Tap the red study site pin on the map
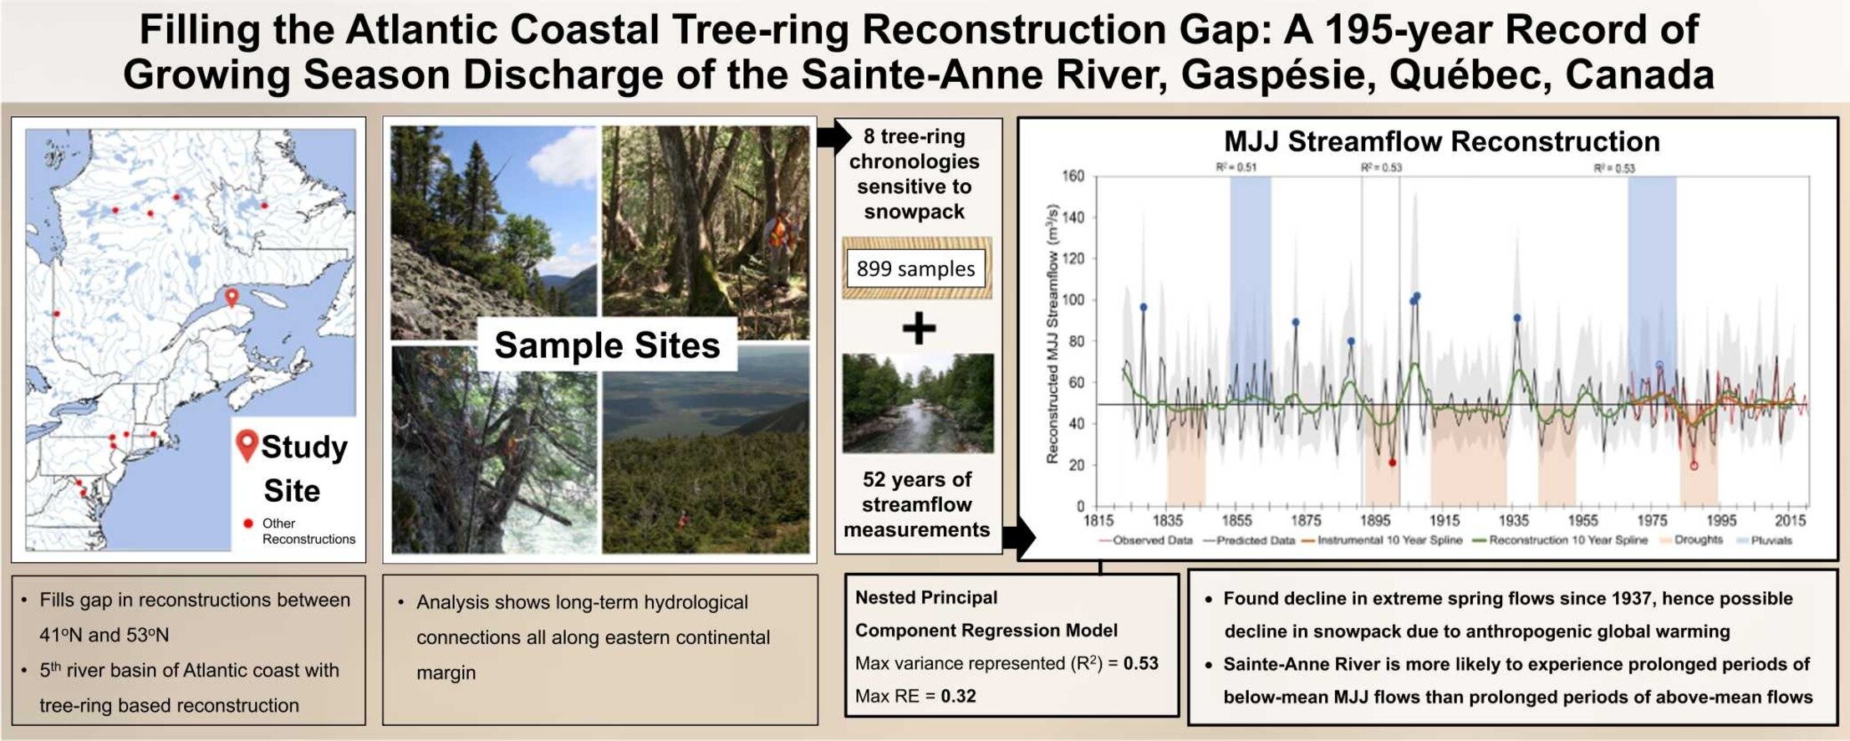pyautogui.click(x=232, y=297)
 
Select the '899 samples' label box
pyautogui.click(x=916, y=268)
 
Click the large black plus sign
pyautogui.click(x=919, y=328)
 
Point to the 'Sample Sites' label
pyautogui.click(x=607, y=345)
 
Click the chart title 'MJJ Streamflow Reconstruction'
pyautogui.click(x=1442, y=141)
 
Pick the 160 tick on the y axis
pyautogui.click(x=1073, y=176)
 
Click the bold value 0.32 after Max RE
pyautogui.click(x=958, y=696)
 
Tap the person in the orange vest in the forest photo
pyautogui.click(x=779, y=238)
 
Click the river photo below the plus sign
pyautogui.click(x=918, y=403)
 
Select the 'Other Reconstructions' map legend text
pyautogui.click(x=308, y=531)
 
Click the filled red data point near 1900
pyautogui.click(x=1392, y=462)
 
